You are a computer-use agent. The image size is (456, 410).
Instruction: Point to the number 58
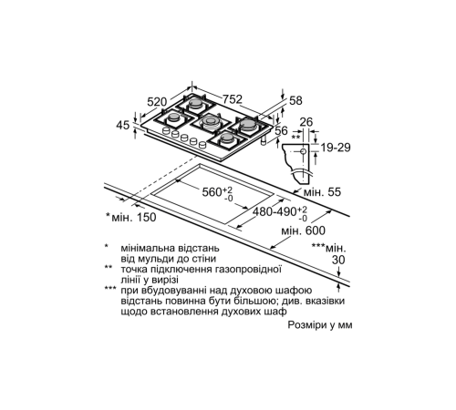[x=296, y=101]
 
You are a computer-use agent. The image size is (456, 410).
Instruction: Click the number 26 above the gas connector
[x=306, y=121]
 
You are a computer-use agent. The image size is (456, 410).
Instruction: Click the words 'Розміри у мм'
[x=317, y=324]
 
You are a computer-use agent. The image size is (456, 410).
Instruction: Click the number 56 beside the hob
[x=284, y=130]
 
